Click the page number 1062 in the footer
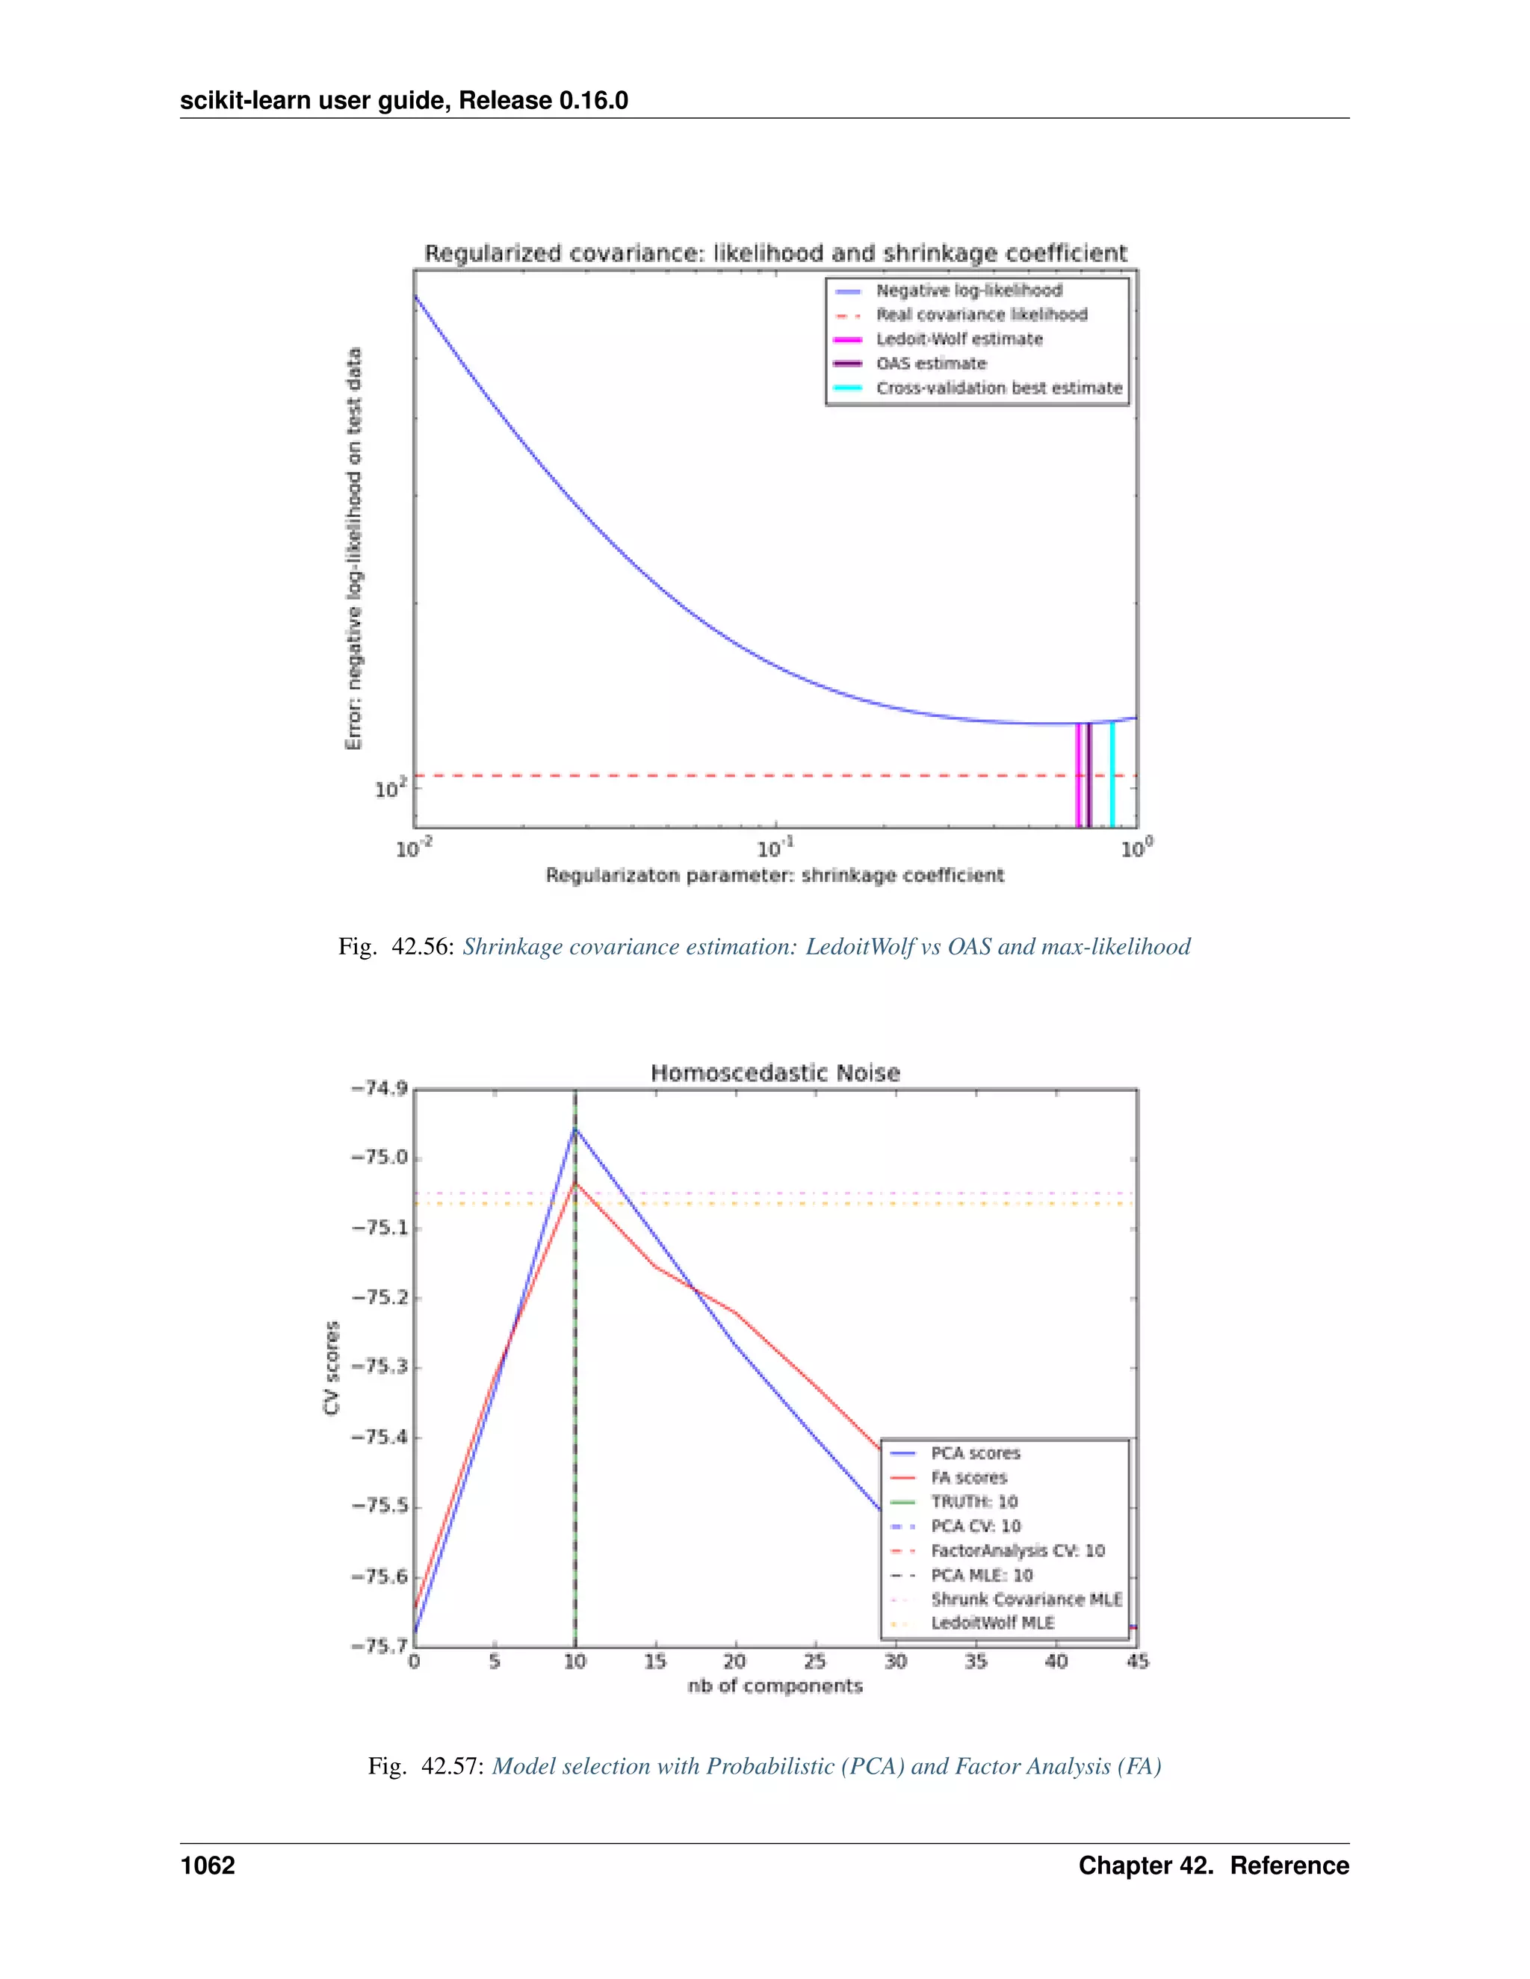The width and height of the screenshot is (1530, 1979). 208,1865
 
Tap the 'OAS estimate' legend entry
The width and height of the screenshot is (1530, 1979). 930,364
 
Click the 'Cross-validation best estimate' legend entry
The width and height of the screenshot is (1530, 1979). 998,388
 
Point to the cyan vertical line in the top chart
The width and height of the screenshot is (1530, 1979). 1112,774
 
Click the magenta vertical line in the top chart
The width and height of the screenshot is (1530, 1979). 1077,774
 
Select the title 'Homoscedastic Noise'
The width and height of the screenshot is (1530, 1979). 775,1073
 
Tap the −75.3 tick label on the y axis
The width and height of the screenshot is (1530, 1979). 380,1367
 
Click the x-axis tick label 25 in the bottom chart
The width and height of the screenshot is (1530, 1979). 815,1661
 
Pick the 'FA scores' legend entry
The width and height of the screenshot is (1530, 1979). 968,1477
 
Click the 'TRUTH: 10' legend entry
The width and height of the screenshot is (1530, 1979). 973,1502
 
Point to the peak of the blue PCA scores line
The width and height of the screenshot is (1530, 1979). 574,1128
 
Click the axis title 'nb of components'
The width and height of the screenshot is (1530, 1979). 775,1686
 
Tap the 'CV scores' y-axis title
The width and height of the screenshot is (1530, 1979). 332,1367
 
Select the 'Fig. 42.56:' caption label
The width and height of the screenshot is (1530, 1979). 396,947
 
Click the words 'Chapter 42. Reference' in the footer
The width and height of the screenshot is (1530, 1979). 1212,1865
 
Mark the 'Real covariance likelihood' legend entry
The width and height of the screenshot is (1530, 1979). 981,314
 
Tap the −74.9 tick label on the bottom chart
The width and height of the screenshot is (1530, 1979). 380,1088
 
